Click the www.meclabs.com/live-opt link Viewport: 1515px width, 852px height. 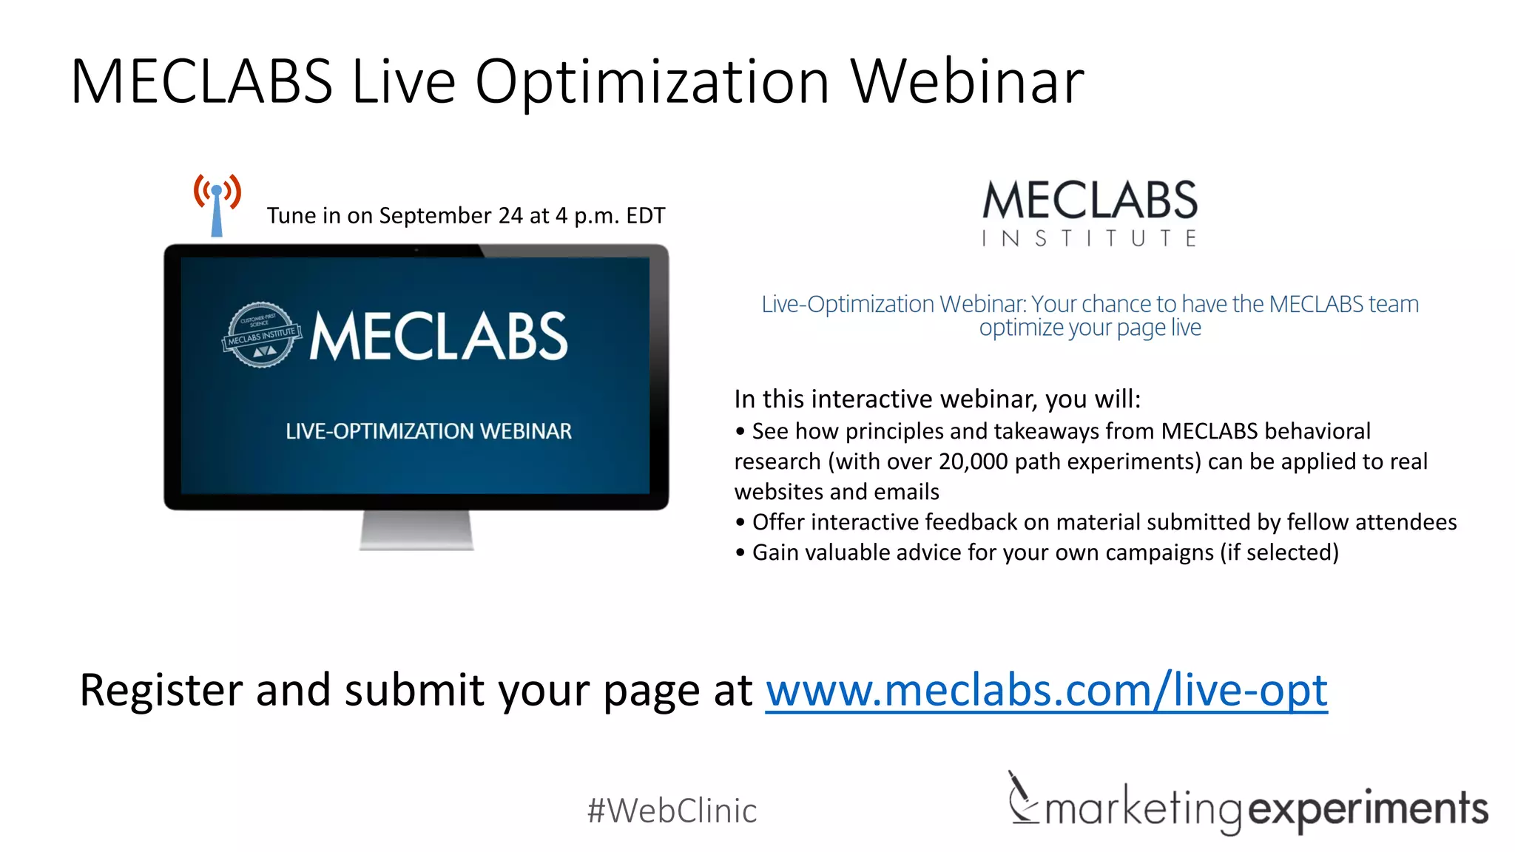point(1046,691)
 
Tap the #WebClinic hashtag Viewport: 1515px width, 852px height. point(672,811)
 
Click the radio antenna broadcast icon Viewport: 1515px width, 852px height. point(217,204)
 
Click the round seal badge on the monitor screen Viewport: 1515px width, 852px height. point(261,335)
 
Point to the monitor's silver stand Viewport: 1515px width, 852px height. point(416,530)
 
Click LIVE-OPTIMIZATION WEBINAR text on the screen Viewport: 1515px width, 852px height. point(428,431)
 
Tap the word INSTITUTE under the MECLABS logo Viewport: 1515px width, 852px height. point(1089,238)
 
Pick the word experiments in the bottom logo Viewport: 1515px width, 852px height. point(1368,809)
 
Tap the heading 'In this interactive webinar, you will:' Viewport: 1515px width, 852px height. point(937,399)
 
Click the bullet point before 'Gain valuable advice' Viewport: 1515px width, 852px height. point(740,553)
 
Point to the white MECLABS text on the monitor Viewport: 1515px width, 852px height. point(439,337)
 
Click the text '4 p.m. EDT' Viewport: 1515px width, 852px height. point(610,216)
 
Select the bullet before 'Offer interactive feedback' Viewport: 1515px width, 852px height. point(740,523)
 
